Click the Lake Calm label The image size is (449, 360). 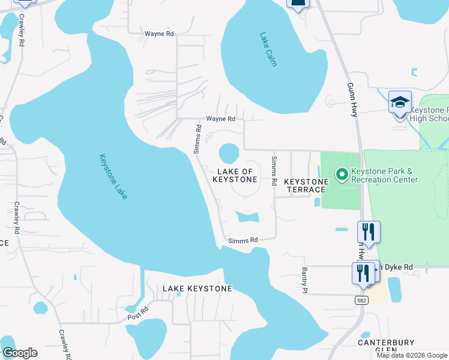(x=268, y=49)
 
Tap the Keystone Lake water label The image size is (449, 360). (x=113, y=177)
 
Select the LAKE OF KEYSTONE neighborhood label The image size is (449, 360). (x=235, y=175)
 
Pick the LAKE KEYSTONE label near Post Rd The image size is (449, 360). (x=197, y=289)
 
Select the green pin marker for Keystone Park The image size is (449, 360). (x=342, y=175)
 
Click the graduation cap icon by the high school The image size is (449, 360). (x=400, y=103)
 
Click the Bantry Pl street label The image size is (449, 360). (x=304, y=280)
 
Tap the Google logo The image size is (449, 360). (x=20, y=353)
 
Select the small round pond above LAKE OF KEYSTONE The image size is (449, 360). (x=229, y=153)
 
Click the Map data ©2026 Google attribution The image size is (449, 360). (x=412, y=355)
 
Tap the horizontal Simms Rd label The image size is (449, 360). (x=243, y=240)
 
